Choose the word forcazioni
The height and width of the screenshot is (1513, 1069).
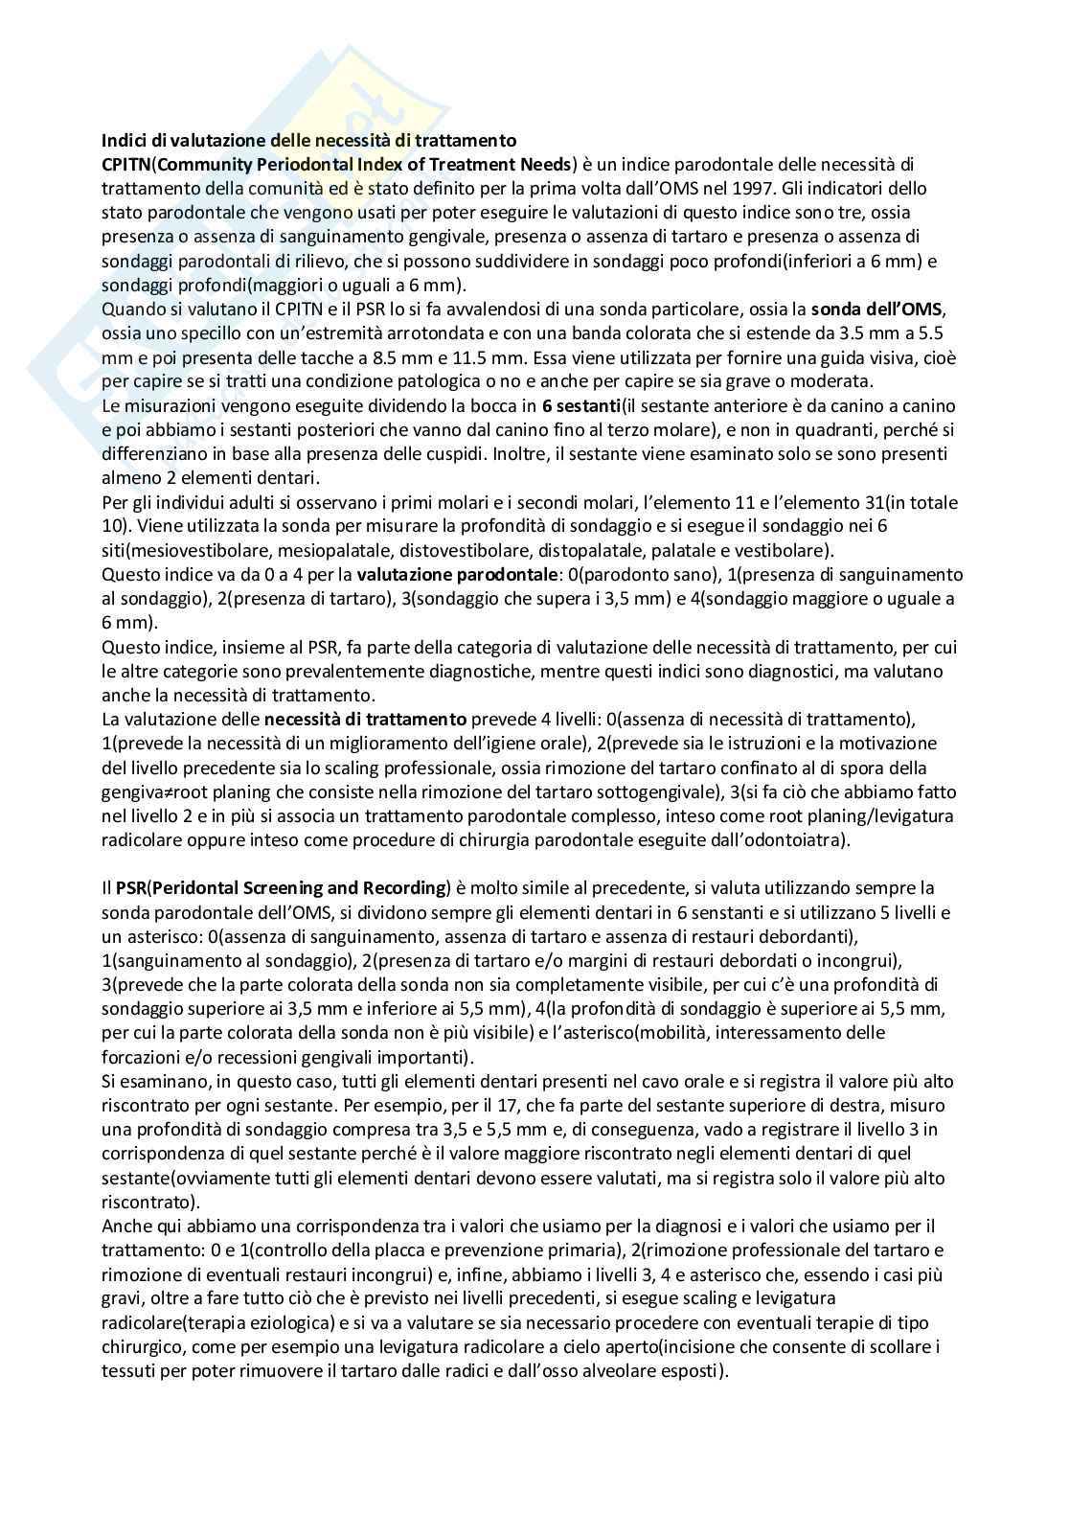(139, 1056)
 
